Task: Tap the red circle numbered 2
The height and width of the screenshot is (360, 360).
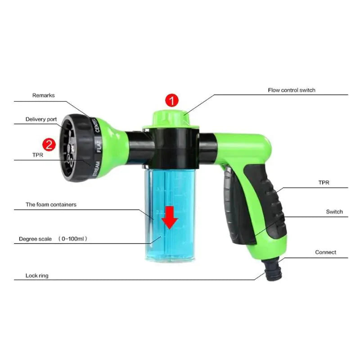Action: point(49,144)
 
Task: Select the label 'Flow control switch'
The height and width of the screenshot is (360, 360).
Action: point(292,90)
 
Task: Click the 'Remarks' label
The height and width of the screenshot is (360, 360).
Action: point(43,95)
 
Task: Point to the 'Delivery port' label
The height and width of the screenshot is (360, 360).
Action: point(41,119)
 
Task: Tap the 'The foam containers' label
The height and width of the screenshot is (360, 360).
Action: point(51,205)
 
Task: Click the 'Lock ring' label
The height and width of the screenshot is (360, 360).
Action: point(37,275)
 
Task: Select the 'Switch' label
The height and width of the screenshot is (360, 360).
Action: point(334,211)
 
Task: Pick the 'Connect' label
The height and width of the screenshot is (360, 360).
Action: point(325,252)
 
